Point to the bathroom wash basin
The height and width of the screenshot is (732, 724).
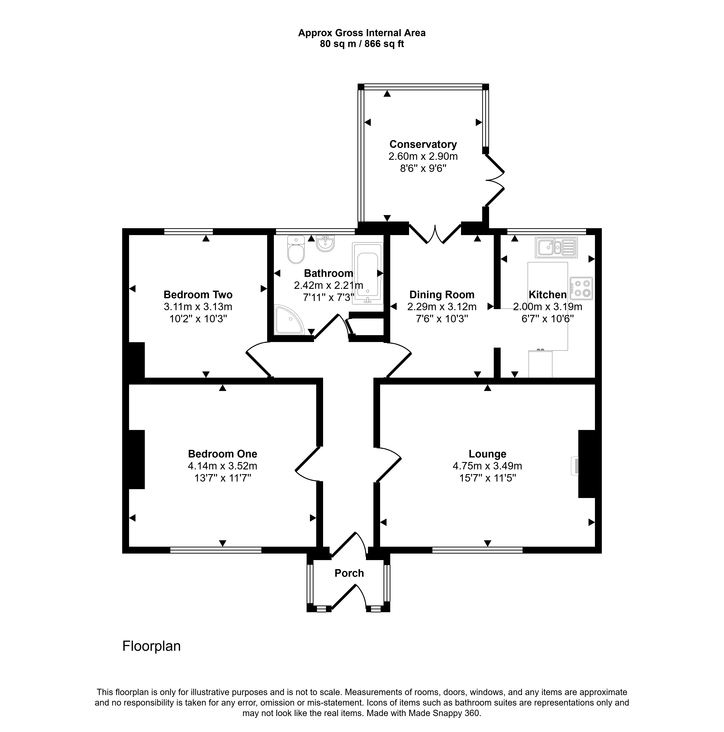coord(325,244)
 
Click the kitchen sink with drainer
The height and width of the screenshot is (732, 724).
coord(556,247)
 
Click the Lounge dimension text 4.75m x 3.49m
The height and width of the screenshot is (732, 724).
coord(487,466)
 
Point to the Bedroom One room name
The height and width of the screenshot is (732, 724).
coord(222,454)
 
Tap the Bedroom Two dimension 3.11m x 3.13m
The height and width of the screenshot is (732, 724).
coord(198,307)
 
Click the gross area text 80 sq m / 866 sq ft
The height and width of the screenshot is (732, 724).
coord(362,44)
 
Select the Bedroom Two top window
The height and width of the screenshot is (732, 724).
coord(188,231)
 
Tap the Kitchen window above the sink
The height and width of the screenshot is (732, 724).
coord(546,231)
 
